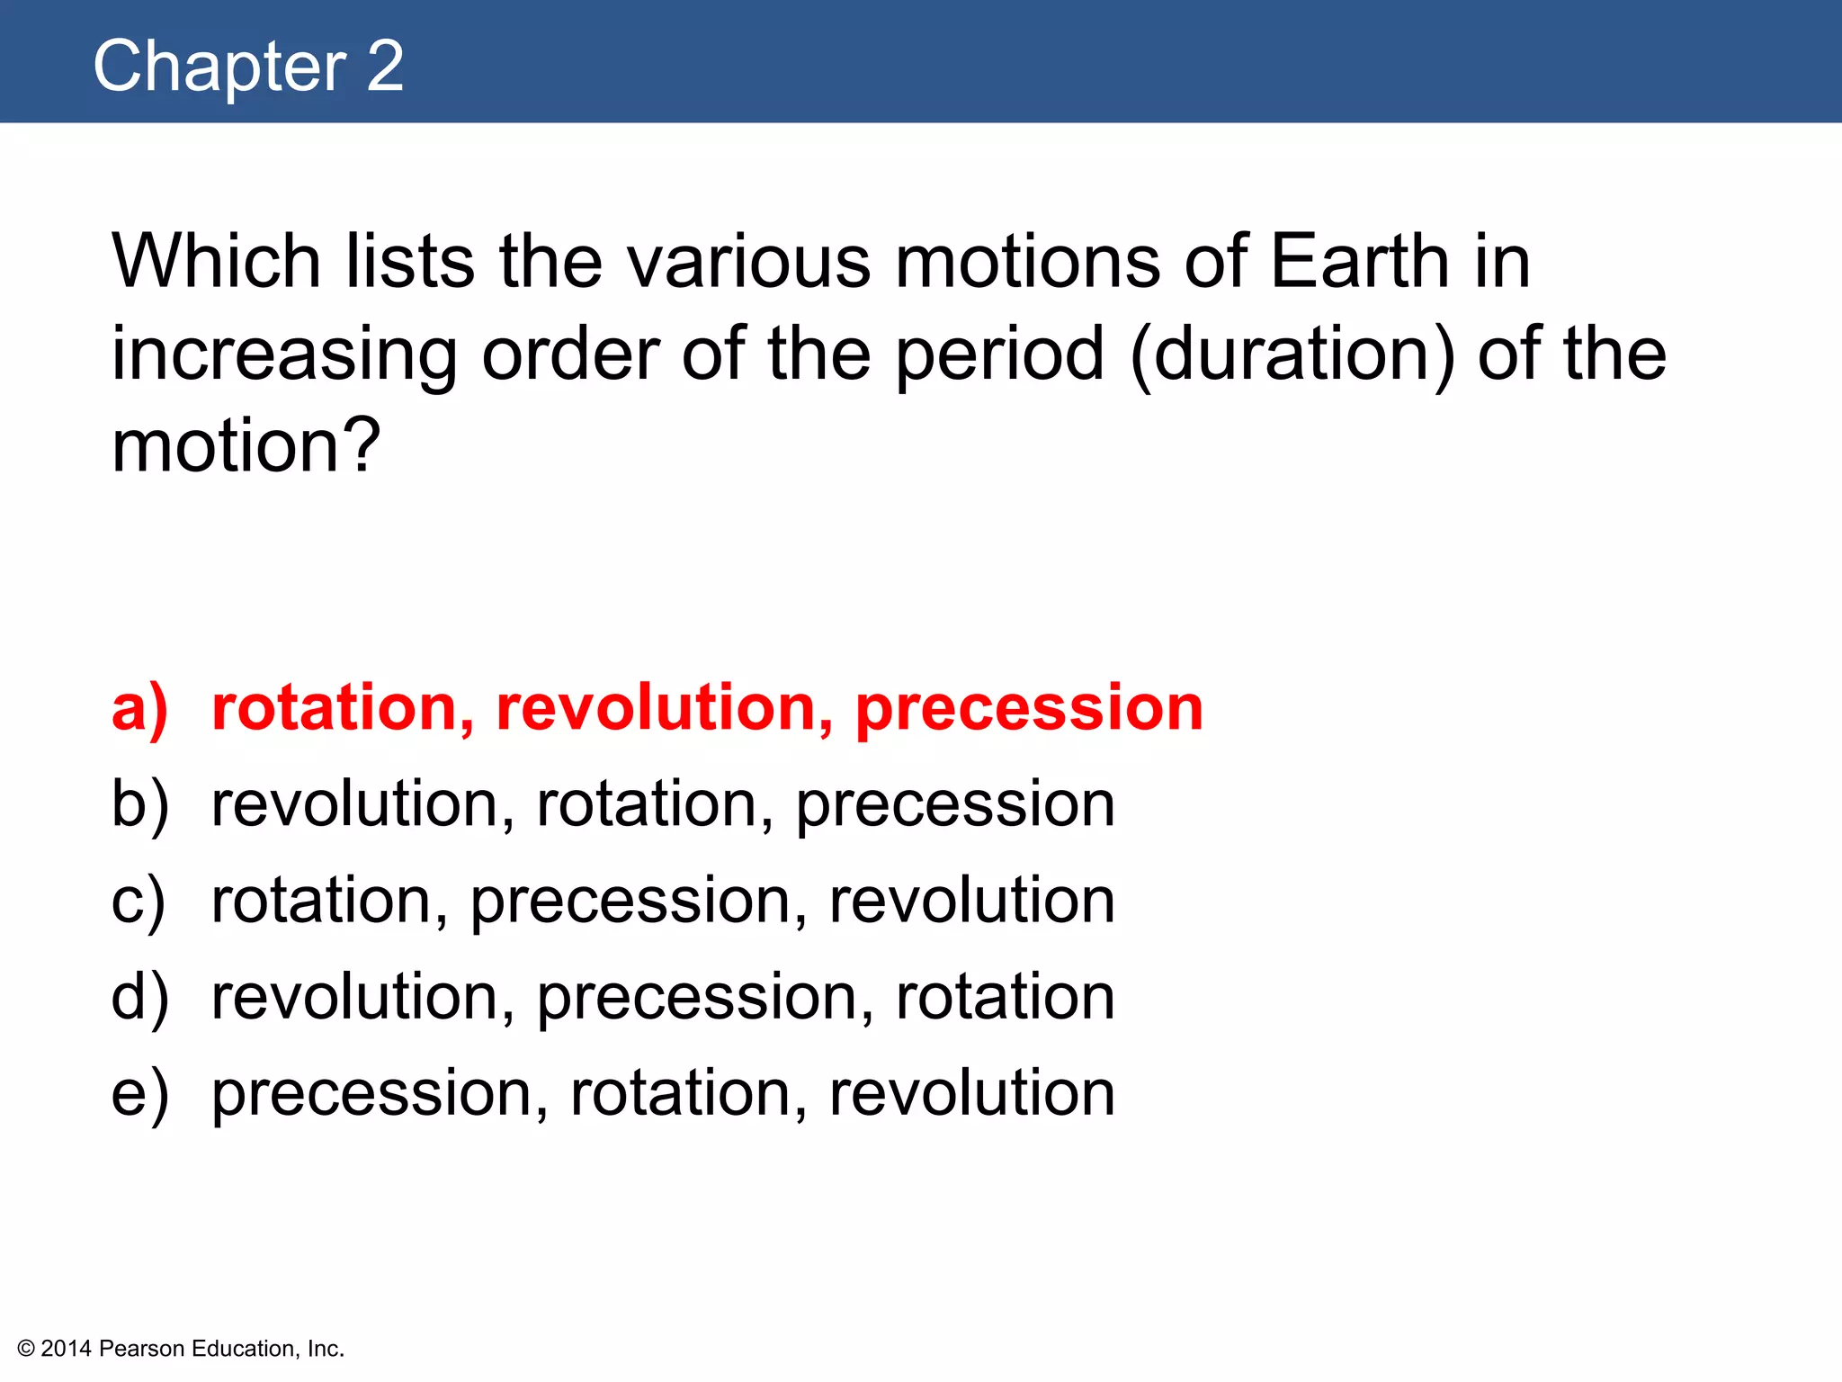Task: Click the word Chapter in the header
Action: coord(219,67)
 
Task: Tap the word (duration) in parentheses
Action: coord(1292,354)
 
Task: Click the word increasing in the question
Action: coord(284,356)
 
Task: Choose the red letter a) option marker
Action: coord(139,709)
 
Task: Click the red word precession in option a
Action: coord(1028,709)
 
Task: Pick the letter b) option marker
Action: coord(139,803)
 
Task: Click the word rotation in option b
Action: coord(654,803)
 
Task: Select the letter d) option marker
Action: coord(139,997)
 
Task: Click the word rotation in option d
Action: coord(1005,997)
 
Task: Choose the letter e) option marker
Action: coord(139,1094)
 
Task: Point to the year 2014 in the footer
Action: coord(66,1349)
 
